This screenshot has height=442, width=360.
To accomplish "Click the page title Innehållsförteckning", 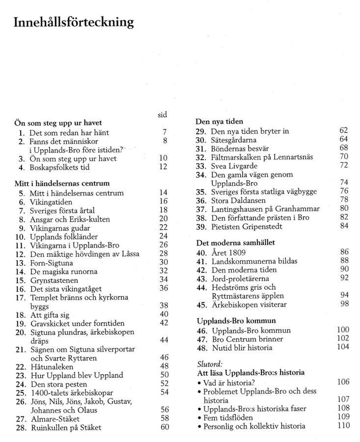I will tap(73, 22).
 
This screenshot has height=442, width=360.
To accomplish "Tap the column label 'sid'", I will tap(163, 114).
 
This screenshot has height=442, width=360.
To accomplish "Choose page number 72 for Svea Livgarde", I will tap(343, 165).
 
